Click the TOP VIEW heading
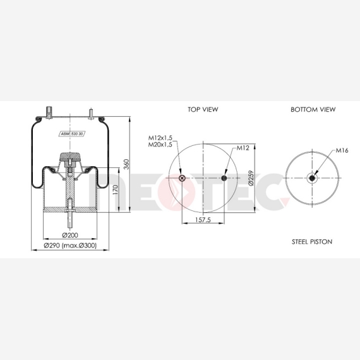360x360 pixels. click(203, 109)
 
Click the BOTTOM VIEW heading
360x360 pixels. click(313, 109)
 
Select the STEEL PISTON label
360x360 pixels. click(312, 242)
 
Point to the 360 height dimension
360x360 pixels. click(126, 164)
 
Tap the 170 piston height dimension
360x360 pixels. click(115, 190)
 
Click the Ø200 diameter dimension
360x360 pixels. click(70, 235)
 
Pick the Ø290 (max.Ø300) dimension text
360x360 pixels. click(70, 246)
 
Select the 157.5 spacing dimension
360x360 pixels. click(203, 220)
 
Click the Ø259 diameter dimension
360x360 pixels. click(251, 178)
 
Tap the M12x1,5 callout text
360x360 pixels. click(160, 138)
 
